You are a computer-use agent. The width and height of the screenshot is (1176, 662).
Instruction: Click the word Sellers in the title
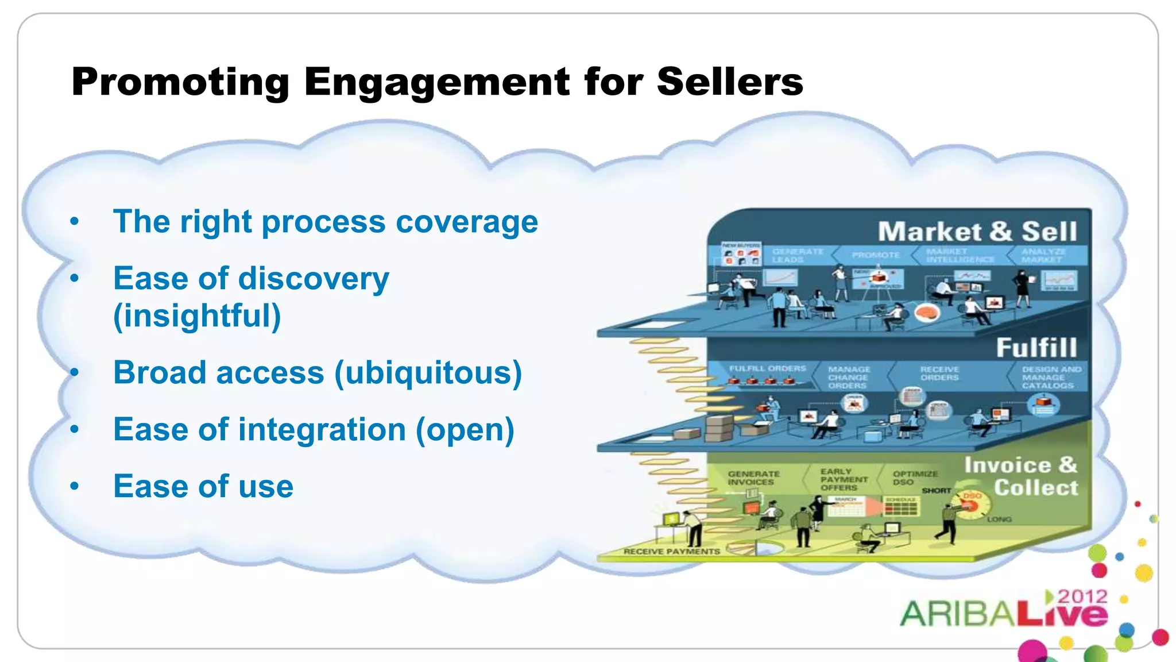729,82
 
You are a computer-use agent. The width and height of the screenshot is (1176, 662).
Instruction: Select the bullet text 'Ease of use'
203,486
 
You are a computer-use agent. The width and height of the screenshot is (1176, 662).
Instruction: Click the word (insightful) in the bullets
197,315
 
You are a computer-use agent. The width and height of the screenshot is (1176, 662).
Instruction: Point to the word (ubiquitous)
428,372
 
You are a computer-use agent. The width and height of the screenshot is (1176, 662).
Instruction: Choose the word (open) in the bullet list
465,429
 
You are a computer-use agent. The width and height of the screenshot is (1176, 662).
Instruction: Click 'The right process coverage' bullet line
326,222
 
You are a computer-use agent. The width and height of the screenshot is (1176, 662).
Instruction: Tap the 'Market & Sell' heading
977,232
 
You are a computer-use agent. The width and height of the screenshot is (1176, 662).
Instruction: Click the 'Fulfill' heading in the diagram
1036,348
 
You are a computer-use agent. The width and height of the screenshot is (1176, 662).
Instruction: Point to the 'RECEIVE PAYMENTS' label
671,551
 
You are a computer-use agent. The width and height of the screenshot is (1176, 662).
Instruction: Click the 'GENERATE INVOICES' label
753,478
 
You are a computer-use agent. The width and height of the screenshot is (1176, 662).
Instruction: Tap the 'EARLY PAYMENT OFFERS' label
844,479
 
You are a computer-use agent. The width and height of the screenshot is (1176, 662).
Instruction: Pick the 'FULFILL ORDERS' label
767,368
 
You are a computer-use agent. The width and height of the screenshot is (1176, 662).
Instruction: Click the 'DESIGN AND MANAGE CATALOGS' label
1050,377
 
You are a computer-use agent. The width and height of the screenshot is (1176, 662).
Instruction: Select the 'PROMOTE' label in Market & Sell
875,255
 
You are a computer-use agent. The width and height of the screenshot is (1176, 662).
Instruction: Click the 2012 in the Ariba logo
1082,596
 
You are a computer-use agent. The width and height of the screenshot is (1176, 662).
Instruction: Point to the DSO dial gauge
970,504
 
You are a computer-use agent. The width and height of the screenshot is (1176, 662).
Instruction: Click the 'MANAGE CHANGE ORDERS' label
848,378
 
